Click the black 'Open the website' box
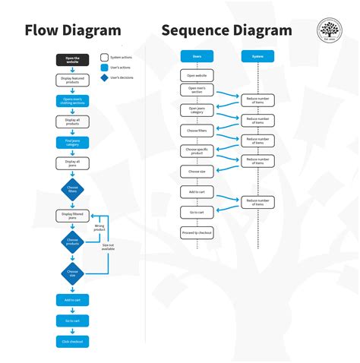click(x=72, y=59)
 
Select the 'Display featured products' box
click(x=72, y=80)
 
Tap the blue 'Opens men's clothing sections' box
click(x=72, y=100)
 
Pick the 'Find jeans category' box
click(x=72, y=142)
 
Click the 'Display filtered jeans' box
click(x=72, y=216)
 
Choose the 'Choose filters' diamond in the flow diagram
click(x=72, y=190)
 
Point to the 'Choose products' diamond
click(x=72, y=241)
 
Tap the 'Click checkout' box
click(x=72, y=341)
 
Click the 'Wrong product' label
click(x=99, y=226)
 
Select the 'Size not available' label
click(x=108, y=247)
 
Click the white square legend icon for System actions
click(x=104, y=57)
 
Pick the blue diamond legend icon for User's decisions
click(x=104, y=77)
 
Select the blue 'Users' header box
click(x=197, y=56)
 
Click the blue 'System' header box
click(x=258, y=56)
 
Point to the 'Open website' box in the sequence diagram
click(x=197, y=75)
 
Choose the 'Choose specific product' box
click(x=197, y=151)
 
